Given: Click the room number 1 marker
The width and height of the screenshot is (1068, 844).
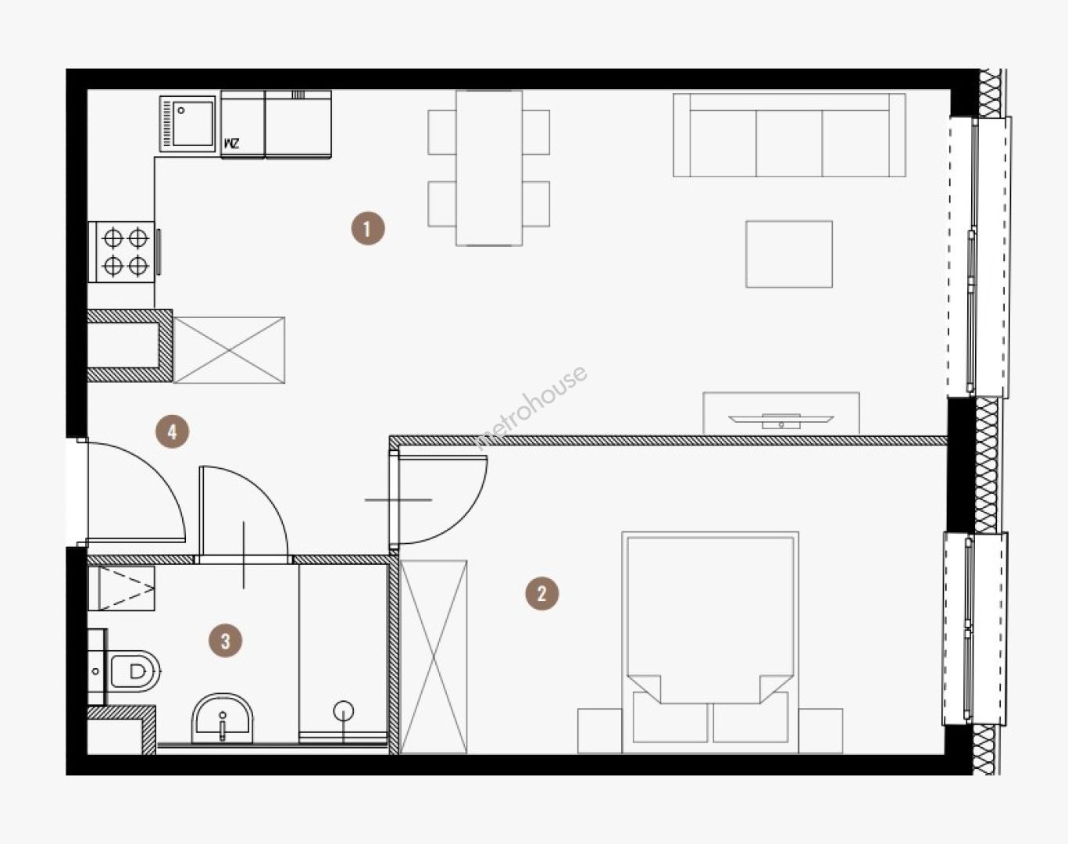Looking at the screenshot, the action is coord(368,229).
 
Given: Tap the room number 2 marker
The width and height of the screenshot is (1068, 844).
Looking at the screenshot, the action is coord(542,593).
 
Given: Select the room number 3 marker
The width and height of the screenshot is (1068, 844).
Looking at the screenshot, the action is coord(225,641).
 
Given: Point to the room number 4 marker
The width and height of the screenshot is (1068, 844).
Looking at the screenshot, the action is coord(172,432).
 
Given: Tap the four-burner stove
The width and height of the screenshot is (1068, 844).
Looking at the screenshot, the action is coord(122,252).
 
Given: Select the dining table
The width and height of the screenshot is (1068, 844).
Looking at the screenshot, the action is coord(489,168).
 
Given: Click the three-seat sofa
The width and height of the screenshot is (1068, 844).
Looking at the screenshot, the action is coord(789,135).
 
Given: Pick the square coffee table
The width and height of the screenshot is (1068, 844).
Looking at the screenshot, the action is coord(789,254).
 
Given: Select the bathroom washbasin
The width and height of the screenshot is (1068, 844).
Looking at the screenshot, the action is coord(223,718).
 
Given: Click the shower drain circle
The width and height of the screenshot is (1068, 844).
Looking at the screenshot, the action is coord(344,710).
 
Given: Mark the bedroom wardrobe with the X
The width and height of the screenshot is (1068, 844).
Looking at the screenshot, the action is coord(434,656).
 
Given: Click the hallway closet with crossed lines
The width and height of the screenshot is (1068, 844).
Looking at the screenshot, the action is coord(229,350).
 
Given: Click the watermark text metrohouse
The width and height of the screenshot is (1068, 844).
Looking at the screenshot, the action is coord(530,407).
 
